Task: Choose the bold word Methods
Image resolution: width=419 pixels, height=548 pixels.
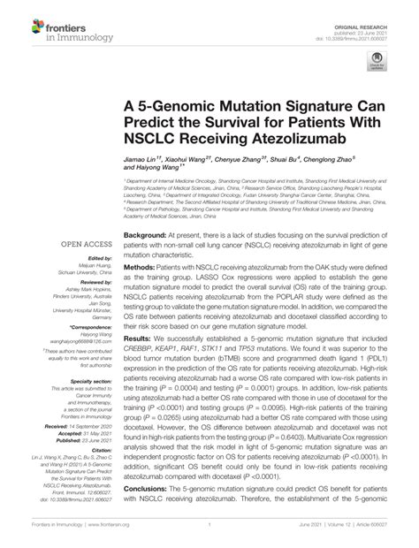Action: click(141, 266)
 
